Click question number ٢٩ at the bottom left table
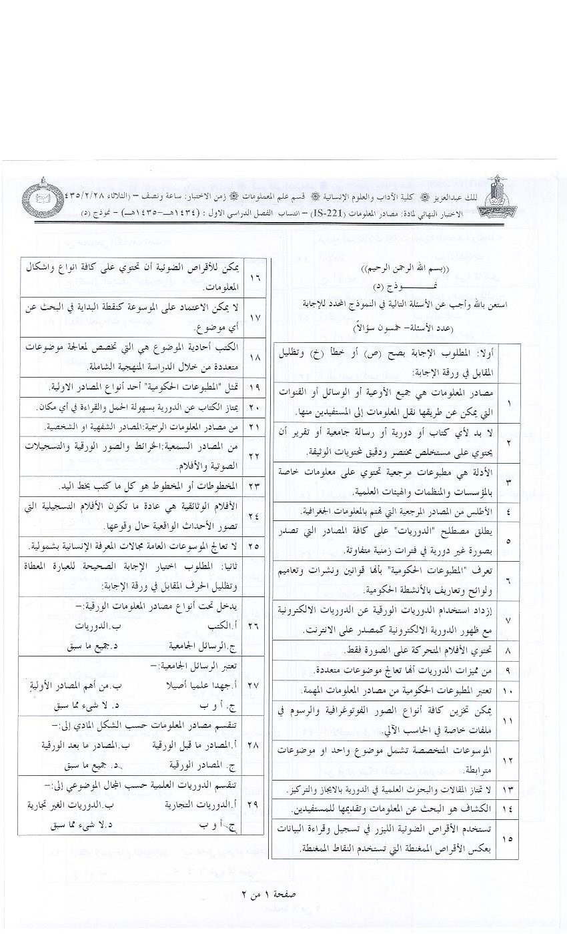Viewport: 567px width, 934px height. pyautogui.click(x=253, y=805)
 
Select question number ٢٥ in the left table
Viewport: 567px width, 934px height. pyautogui.click(x=254, y=546)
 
